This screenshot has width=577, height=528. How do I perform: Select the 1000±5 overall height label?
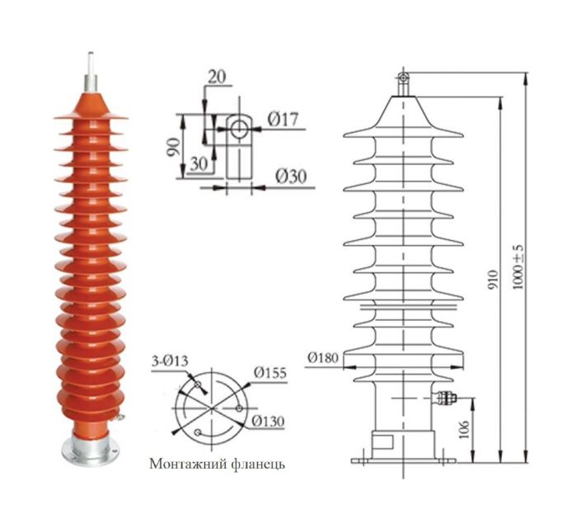click(x=518, y=266)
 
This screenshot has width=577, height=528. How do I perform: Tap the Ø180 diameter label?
click(x=322, y=357)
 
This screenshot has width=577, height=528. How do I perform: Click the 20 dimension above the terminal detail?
click(x=218, y=78)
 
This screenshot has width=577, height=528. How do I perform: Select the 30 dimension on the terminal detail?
click(x=197, y=163)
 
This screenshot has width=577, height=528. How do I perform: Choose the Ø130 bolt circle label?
click(x=268, y=421)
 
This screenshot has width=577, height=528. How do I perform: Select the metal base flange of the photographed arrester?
click(x=90, y=447)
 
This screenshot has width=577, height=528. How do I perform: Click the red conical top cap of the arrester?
click(x=91, y=104)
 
